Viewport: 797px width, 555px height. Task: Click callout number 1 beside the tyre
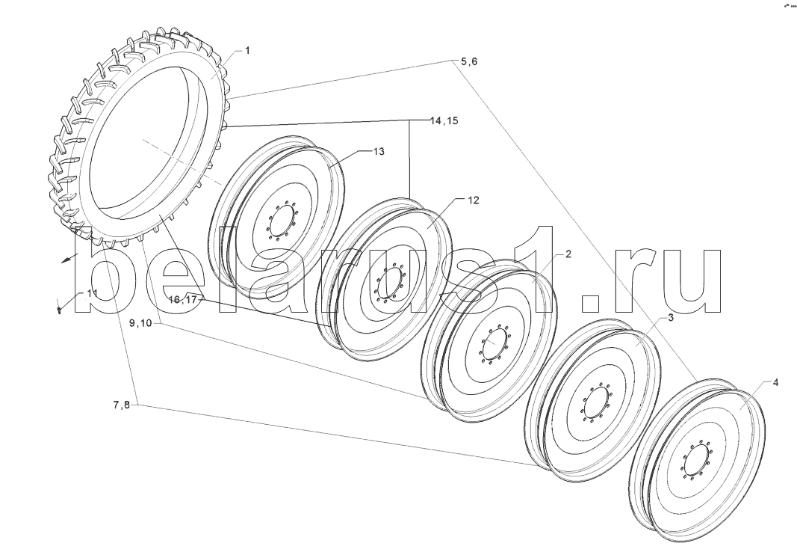(x=247, y=50)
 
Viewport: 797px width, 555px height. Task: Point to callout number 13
(x=379, y=152)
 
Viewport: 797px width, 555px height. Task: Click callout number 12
(x=474, y=200)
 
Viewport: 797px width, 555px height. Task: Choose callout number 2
(x=568, y=254)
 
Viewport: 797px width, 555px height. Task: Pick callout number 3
(x=671, y=319)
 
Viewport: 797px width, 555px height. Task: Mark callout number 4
(x=775, y=383)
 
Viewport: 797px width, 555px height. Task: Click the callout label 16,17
(x=183, y=299)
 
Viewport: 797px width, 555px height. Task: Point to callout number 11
(x=92, y=293)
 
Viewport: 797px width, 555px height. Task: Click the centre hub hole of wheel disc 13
(x=281, y=222)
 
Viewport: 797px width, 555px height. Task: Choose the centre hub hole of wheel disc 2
(x=491, y=345)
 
